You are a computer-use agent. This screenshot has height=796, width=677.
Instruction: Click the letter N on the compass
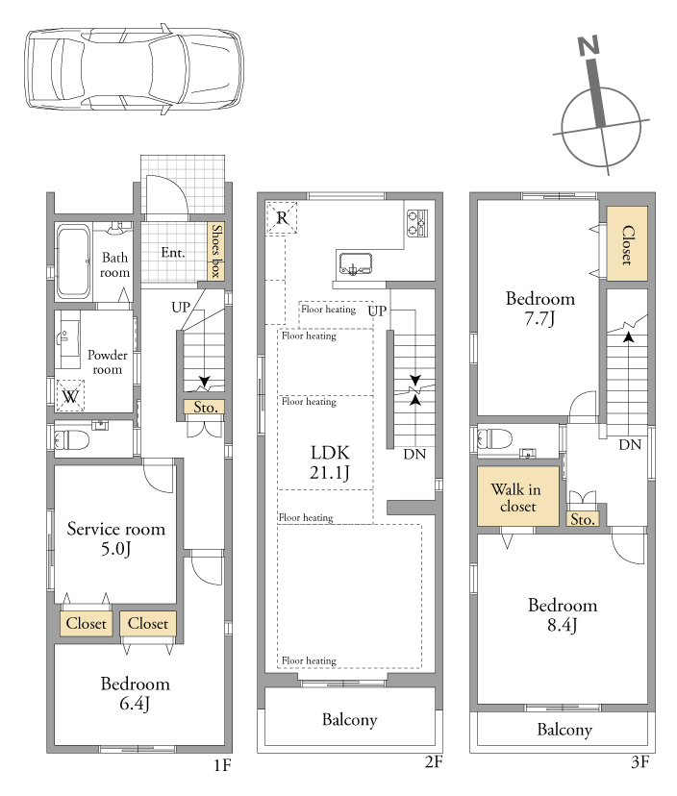coord(589,46)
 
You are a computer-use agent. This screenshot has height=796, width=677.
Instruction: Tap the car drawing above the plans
coord(134,67)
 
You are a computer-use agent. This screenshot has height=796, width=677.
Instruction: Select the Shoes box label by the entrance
coord(216,251)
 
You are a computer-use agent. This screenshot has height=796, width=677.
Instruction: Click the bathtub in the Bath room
coord(74,261)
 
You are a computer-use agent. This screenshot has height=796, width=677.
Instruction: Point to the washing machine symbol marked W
coord(70,395)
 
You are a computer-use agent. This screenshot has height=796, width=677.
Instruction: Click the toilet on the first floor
coord(71,439)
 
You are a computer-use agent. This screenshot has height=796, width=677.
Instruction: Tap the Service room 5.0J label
coord(116,538)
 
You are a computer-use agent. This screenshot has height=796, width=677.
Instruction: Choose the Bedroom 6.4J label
coord(135,693)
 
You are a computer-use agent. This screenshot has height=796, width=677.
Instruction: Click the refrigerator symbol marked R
coord(282,218)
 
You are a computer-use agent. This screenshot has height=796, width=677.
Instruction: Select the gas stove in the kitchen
coord(417,223)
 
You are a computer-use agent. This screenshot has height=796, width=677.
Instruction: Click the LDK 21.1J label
coord(330,462)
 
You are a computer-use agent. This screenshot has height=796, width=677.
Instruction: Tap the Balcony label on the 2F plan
coord(349,719)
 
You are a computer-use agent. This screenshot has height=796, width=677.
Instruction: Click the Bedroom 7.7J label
coord(540,308)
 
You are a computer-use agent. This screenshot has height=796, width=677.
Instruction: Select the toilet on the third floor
coord(494,438)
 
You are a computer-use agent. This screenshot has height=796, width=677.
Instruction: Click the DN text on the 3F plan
coord(630,445)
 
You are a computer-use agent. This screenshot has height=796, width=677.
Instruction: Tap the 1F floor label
coord(222,764)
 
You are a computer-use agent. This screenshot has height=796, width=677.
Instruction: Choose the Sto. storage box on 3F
coord(583,519)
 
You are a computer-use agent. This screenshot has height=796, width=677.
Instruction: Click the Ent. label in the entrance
coord(173,252)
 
